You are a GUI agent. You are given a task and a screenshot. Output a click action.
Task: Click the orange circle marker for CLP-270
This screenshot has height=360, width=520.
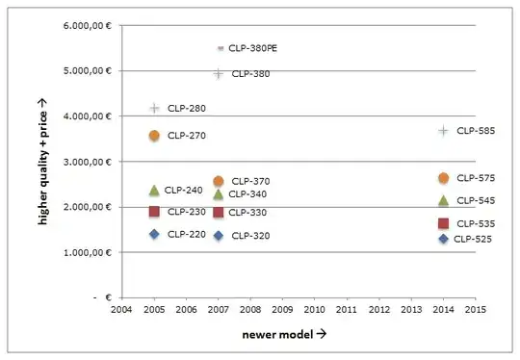pyautogui.click(x=154, y=136)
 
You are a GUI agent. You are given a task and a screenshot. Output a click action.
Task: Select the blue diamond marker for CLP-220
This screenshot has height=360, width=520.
pyautogui.click(x=154, y=234)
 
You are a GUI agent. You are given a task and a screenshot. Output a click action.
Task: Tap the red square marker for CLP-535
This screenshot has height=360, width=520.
pyautogui.click(x=443, y=223)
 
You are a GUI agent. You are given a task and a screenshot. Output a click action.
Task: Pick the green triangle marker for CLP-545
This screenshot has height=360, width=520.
pyautogui.click(x=443, y=200)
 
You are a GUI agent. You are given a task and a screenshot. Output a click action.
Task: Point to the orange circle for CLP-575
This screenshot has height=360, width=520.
pyautogui.click(x=443, y=178)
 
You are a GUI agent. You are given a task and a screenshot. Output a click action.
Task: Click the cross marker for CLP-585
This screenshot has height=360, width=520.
pyautogui.click(x=443, y=130)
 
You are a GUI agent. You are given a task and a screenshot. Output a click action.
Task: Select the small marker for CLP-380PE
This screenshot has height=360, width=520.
pyautogui.click(x=220, y=47)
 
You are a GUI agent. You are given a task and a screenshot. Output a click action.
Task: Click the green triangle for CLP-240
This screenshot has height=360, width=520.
pyautogui.click(x=154, y=191)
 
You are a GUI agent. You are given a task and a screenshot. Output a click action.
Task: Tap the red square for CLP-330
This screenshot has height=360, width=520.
pyautogui.click(x=219, y=213)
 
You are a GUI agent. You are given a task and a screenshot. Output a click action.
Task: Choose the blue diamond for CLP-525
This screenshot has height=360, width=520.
pyautogui.click(x=443, y=239)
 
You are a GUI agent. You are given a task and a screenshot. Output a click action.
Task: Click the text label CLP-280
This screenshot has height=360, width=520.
pyautogui.click(x=186, y=109)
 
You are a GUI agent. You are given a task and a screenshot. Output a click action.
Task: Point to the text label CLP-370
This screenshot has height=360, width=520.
pyautogui.click(x=250, y=181)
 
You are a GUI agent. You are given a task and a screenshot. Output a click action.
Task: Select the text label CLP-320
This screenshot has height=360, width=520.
pyautogui.click(x=250, y=236)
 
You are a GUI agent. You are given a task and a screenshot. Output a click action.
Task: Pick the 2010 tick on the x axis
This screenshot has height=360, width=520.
pyautogui.click(x=314, y=310)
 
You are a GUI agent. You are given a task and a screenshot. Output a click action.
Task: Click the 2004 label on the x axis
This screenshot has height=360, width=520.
pyautogui.click(x=121, y=310)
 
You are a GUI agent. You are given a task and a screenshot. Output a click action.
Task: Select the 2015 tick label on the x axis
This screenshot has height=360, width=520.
pyautogui.click(x=475, y=310)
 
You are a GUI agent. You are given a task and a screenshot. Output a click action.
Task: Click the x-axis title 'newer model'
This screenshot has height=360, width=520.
pyautogui.click(x=283, y=336)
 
